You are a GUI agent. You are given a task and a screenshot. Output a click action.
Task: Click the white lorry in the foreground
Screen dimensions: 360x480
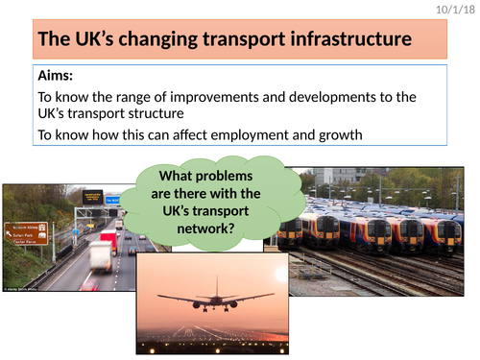point(99,256)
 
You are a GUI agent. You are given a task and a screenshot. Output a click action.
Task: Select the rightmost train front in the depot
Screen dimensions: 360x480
point(442,234)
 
